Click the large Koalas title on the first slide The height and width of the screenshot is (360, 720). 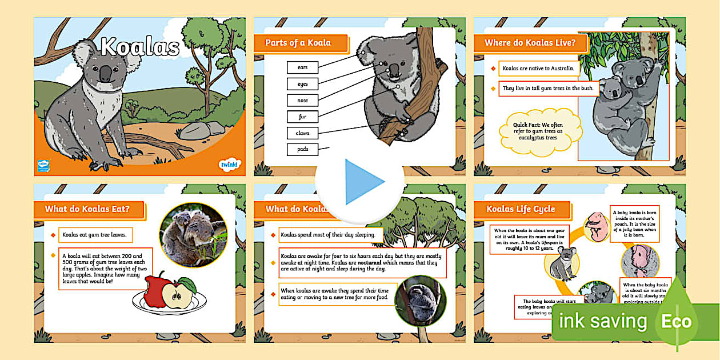tap(140, 47)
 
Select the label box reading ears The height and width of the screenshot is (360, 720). tap(302, 67)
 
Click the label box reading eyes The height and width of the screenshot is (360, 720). tap(302, 84)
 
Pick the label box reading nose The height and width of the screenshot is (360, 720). tap(302, 101)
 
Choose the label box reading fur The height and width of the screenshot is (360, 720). tap(302, 117)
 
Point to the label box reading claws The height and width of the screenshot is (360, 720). tap(302, 133)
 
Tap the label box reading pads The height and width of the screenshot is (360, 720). tap(302, 150)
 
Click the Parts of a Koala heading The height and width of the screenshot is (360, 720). tap(299, 43)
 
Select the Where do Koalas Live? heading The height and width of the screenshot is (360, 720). tap(530, 43)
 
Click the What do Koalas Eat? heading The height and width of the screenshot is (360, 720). tap(87, 209)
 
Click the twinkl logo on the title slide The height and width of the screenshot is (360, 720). tap(227, 166)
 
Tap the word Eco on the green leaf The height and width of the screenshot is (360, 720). tap(677, 321)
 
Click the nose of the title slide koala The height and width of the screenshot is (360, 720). tap(106, 73)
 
